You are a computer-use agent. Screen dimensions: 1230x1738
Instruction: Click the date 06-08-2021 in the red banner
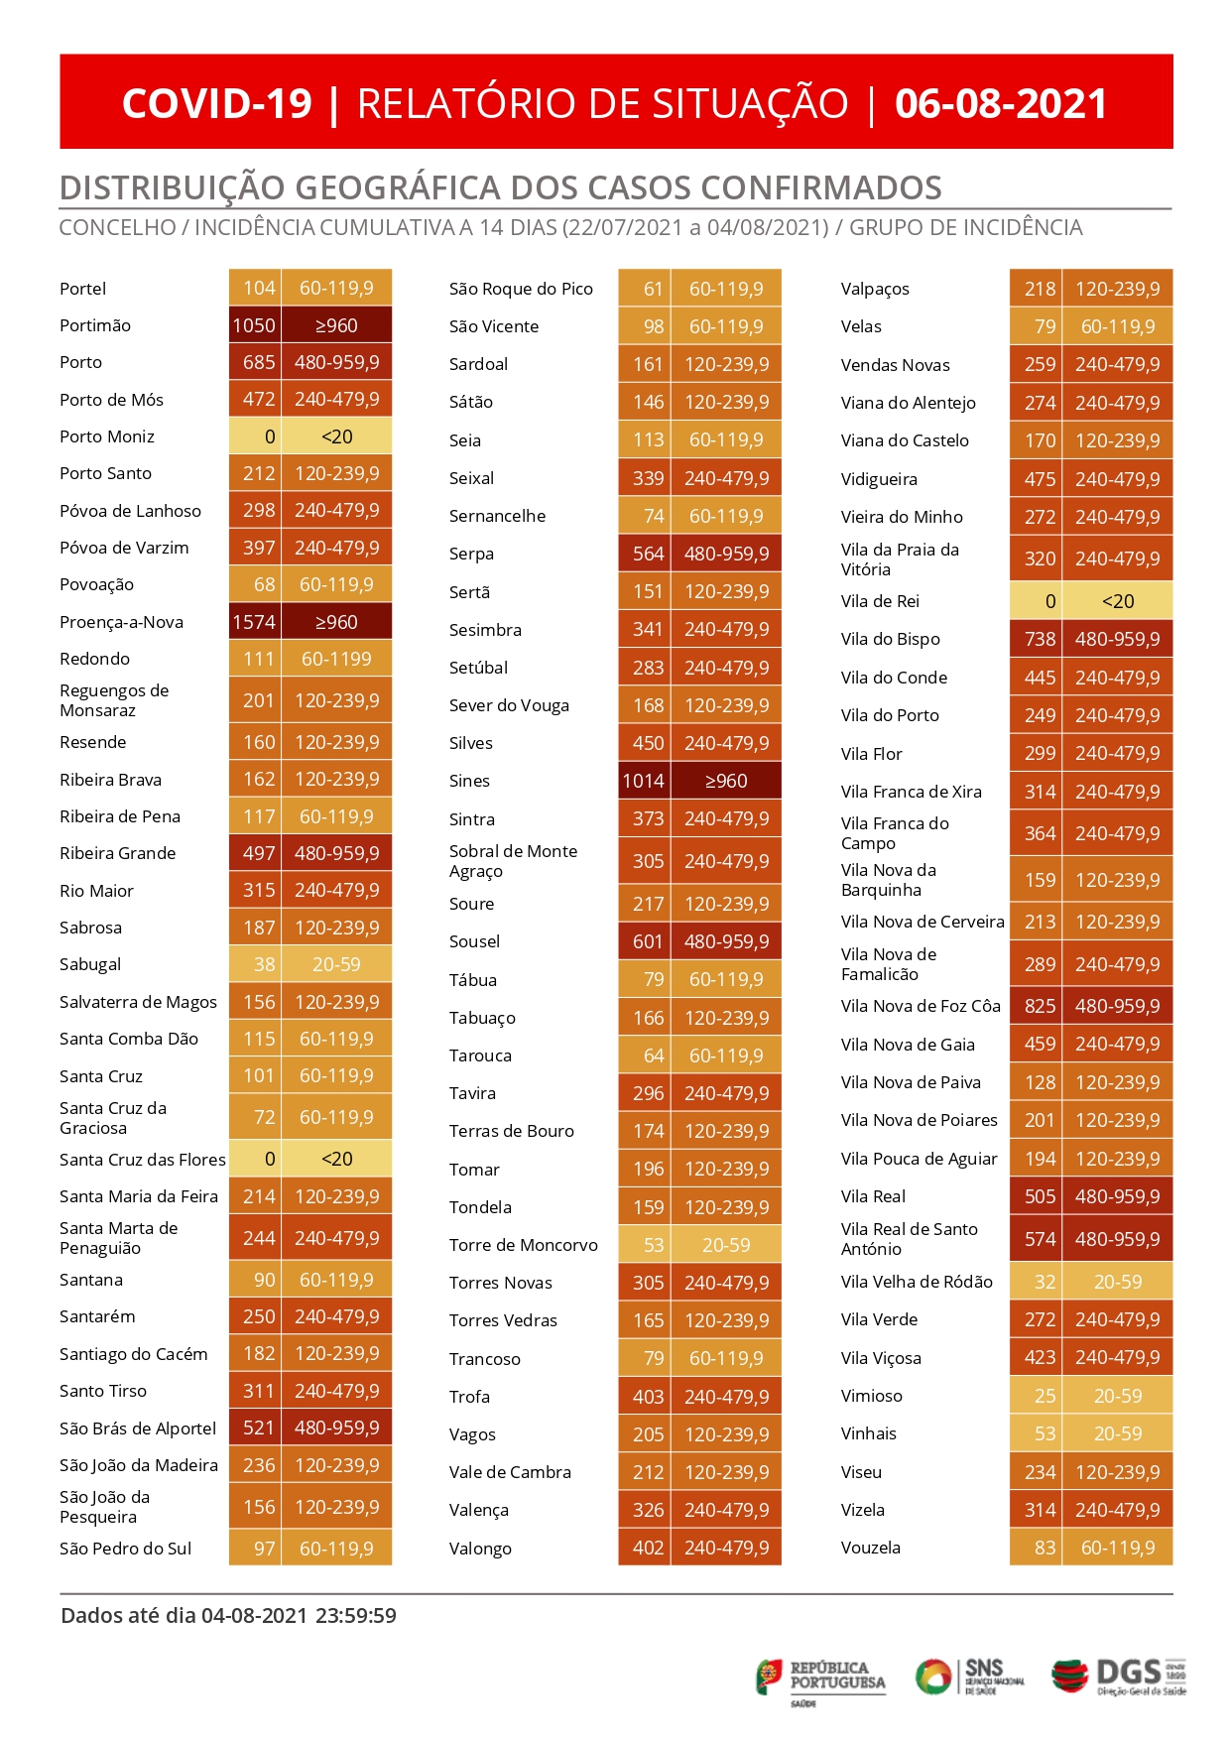tap(1001, 103)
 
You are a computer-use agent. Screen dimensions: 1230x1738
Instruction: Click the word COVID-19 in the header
tap(217, 103)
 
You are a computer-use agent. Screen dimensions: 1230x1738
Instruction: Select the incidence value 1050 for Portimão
tap(254, 325)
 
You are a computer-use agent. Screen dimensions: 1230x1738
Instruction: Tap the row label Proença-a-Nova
tap(121, 622)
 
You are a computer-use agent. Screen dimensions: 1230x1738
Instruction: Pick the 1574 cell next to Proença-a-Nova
tap(254, 622)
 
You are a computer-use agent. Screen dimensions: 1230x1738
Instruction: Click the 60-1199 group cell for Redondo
tap(336, 659)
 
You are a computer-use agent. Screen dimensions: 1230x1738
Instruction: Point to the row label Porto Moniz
tap(107, 436)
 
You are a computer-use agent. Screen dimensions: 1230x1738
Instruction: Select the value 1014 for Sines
tap(644, 781)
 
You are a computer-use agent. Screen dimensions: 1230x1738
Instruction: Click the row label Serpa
tap(471, 554)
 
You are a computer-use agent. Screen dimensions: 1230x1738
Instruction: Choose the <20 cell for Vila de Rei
tap(1117, 601)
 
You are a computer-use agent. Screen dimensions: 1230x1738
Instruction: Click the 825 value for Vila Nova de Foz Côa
tap(1040, 1006)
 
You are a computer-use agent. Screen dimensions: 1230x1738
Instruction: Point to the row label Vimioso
tap(872, 1396)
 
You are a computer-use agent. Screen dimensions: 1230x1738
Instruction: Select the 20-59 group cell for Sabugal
tap(336, 964)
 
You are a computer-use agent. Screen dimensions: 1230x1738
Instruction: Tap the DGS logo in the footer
tap(1119, 1676)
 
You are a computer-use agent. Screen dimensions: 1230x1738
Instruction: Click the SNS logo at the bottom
tap(969, 1676)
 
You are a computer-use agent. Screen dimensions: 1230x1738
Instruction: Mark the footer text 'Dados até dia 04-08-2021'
tap(184, 1616)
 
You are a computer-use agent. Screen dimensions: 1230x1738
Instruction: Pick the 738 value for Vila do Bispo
tap(1040, 639)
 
